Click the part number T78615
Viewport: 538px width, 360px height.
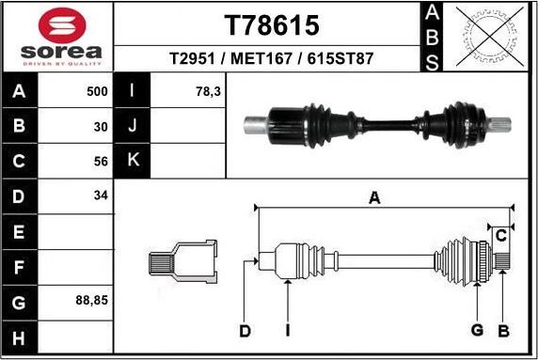pyautogui.click(x=271, y=24)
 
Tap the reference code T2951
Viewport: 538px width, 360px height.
pyautogui.click(x=193, y=58)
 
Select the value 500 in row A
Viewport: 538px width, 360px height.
pyautogui.click(x=97, y=92)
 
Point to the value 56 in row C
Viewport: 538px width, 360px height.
pyautogui.click(x=101, y=161)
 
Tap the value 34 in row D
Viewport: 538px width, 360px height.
pyautogui.click(x=101, y=196)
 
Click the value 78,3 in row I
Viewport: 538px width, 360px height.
pyautogui.click(x=207, y=92)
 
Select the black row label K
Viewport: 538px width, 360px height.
pyautogui.click(x=132, y=161)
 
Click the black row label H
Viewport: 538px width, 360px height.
pyautogui.click(x=19, y=337)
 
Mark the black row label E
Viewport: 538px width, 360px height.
pyautogui.click(x=19, y=231)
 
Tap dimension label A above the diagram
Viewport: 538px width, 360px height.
pyautogui.click(x=374, y=197)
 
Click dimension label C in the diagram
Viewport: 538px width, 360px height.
pyautogui.click(x=502, y=235)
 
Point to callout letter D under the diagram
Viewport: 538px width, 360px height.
pyautogui.click(x=245, y=331)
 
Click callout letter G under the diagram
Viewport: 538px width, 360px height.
pyautogui.click(x=477, y=330)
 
